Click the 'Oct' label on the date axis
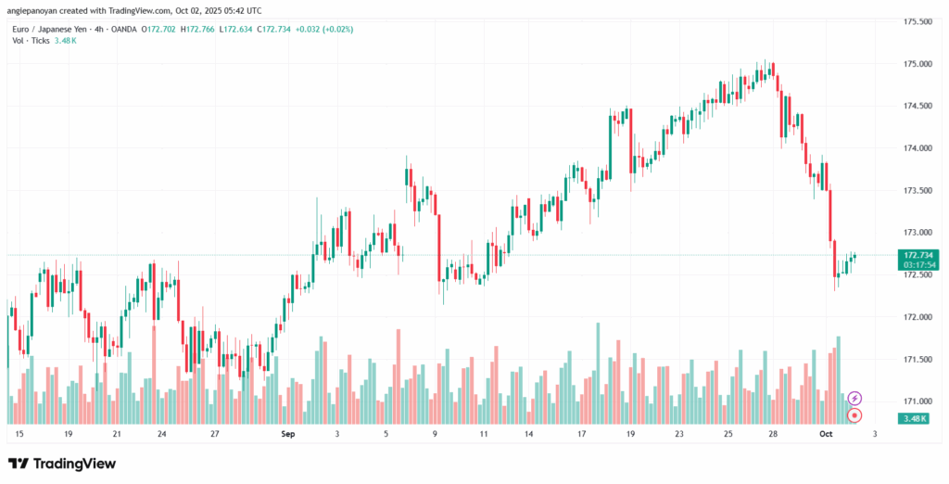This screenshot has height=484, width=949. coord(827,434)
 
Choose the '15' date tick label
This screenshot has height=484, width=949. coord(19,434)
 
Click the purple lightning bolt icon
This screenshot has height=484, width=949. coord(855,398)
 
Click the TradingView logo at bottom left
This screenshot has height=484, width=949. coord(62,463)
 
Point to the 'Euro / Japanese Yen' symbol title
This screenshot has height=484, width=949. coord(49,29)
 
